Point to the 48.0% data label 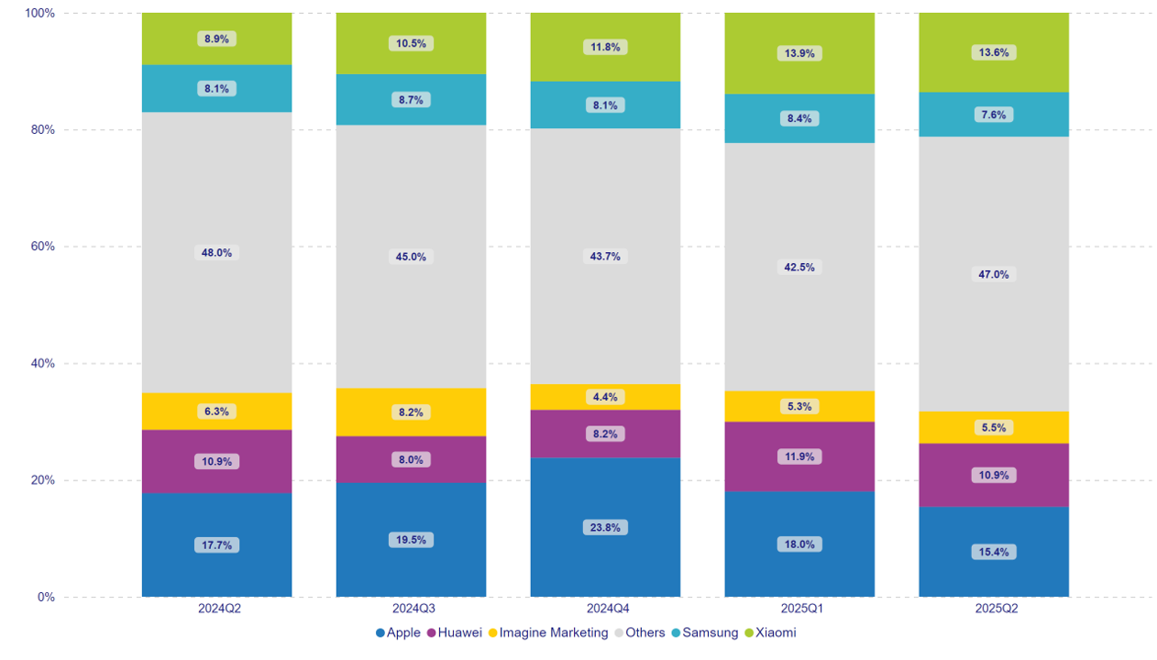click(216, 253)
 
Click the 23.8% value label click(605, 528)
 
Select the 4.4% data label click(605, 397)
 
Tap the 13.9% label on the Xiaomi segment click(799, 53)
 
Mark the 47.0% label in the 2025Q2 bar click(994, 274)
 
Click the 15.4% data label click(994, 552)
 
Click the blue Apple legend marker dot click(380, 632)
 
